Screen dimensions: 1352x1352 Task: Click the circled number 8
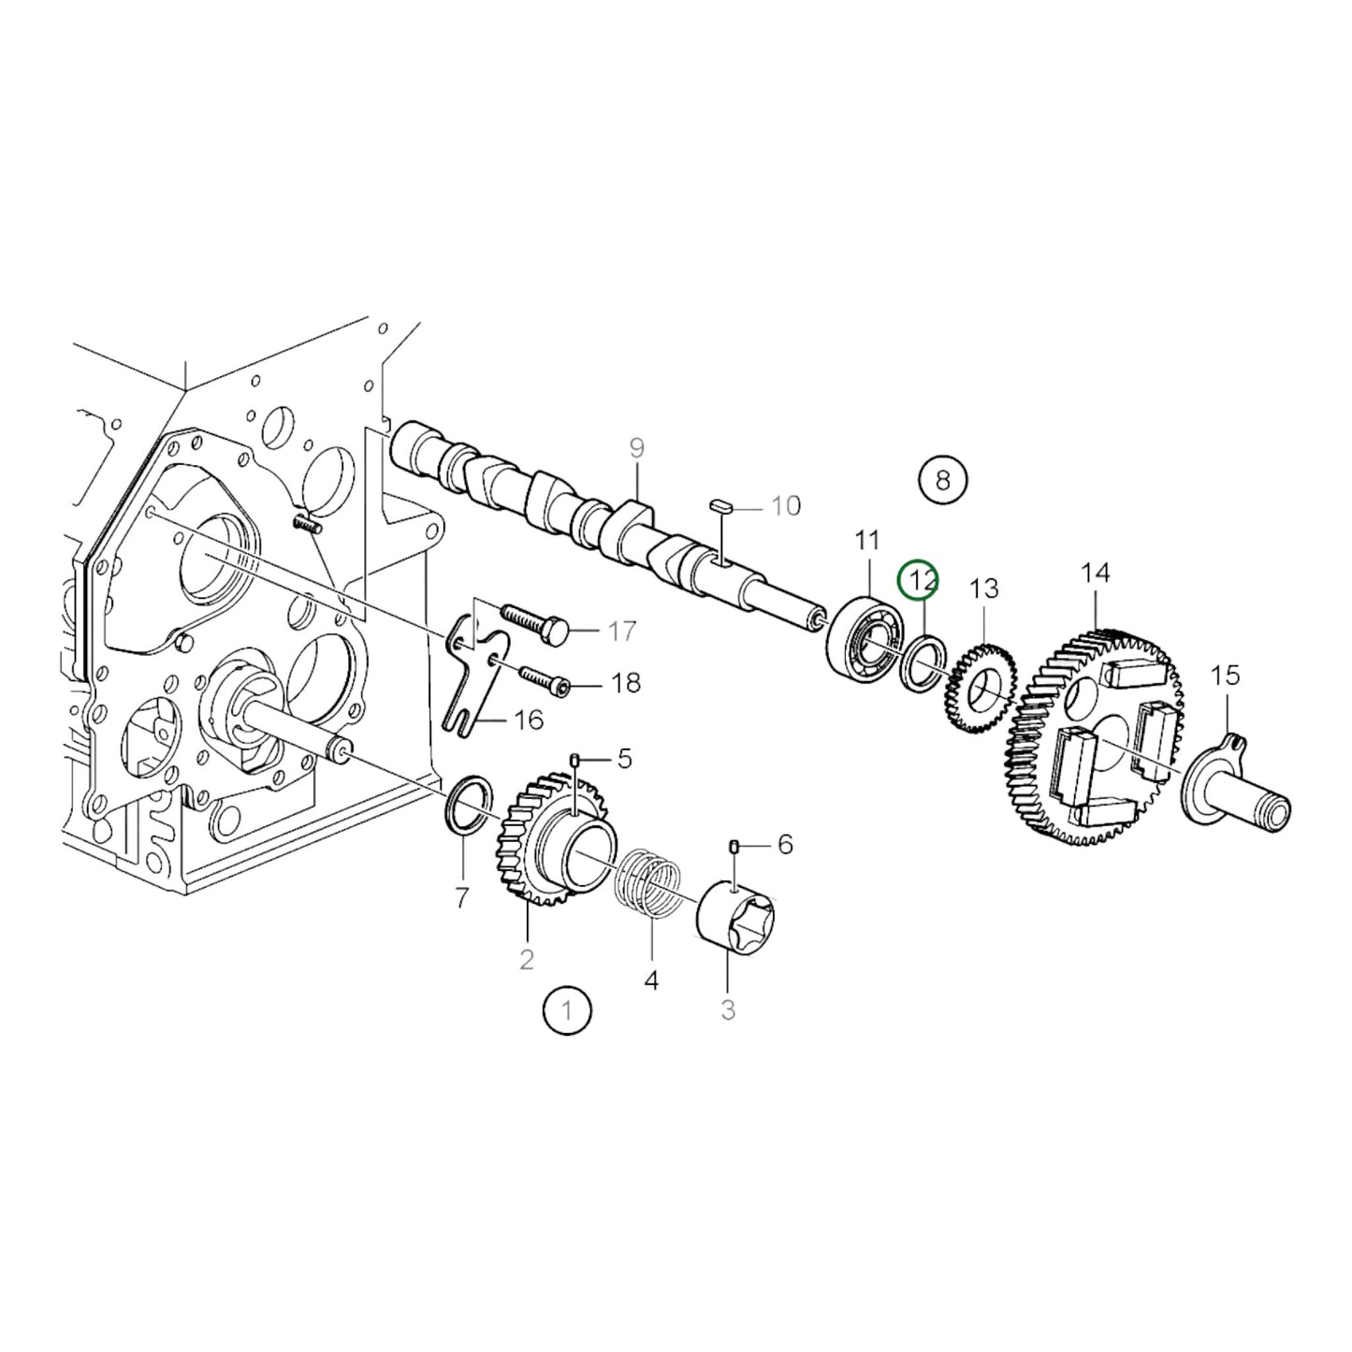[x=942, y=480]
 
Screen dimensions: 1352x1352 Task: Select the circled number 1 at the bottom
[x=567, y=1010]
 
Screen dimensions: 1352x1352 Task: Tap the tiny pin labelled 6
[x=734, y=847]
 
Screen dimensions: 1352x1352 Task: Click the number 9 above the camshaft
[x=636, y=447]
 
